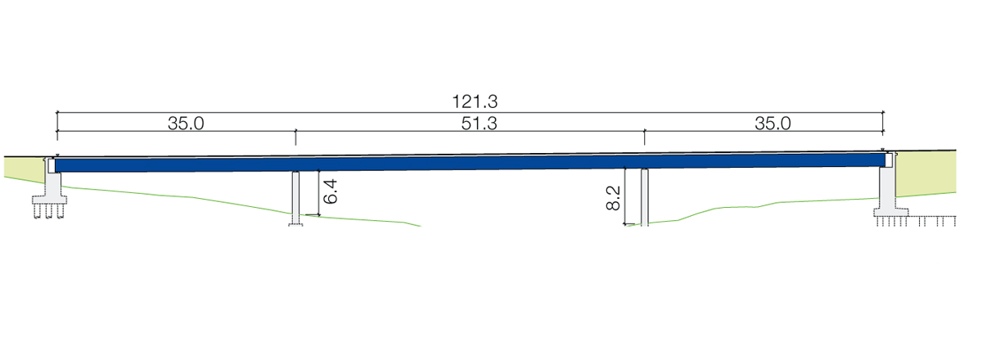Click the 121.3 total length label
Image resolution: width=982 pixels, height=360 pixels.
coord(475,101)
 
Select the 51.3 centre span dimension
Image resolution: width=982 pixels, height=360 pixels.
coord(480,124)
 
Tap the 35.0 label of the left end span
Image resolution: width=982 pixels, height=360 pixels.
coord(186,124)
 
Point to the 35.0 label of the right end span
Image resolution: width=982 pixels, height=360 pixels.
coord(773,124)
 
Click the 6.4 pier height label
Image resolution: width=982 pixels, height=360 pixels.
coord(330,191)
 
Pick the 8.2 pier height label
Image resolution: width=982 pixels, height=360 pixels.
coord(613,198)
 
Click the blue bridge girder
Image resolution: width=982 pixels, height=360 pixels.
coord(470,164)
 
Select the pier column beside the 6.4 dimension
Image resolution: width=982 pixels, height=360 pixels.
coord(296,197)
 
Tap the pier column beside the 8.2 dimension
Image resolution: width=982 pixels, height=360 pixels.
coord(645,197)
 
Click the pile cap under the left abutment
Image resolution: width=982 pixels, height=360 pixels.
coord(50,200)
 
